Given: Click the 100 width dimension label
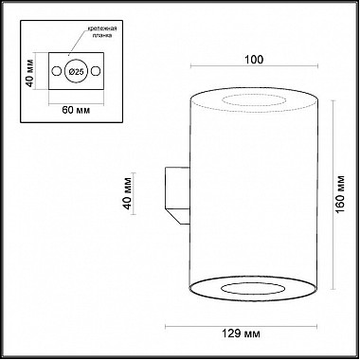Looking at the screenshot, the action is pyautogui.click(x=254, y=60).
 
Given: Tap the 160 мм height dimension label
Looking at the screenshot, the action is pyautogui.click(x=340, y=194).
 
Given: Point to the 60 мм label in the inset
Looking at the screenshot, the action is pyautogui.click(x=76, y=110).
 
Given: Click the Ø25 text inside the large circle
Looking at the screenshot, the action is pyautogui.click(x=76, y=72).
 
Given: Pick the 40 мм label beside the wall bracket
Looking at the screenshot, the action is pyautogui.click(x=128, y=193).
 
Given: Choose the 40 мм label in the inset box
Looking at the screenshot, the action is pyautogui.click(x=29, y=72).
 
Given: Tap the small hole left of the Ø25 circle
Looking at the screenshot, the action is pyautogui.click(x=57, y=71).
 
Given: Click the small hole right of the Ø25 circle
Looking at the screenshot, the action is pyautogui.click(x=96, y=71).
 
